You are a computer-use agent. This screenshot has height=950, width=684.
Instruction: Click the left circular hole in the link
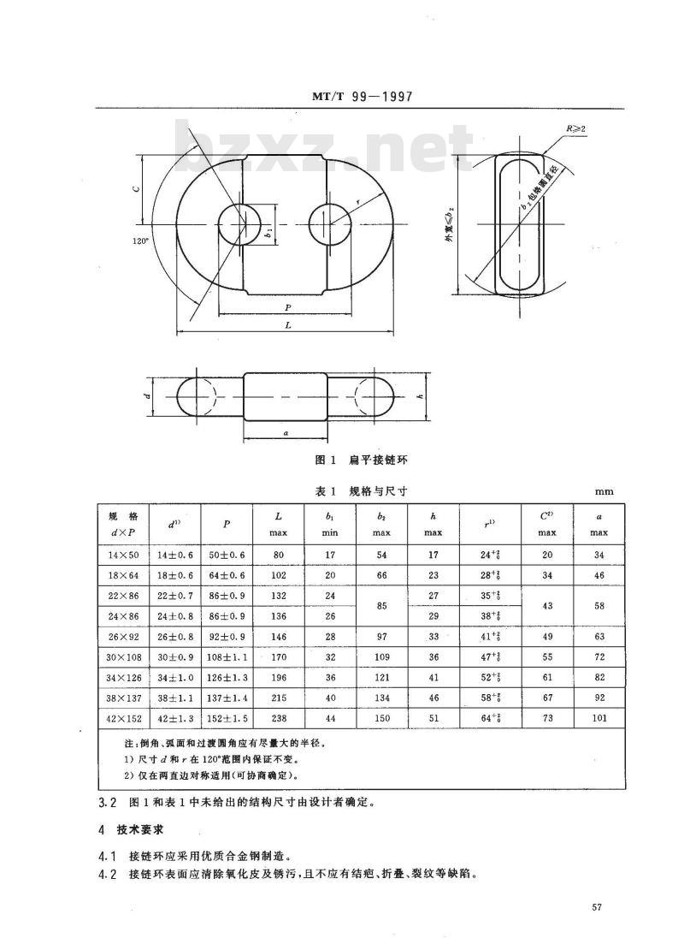click(240, 226)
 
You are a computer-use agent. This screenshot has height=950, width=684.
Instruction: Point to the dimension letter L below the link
click(286, 325)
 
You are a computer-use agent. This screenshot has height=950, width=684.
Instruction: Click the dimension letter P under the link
click(286, 306)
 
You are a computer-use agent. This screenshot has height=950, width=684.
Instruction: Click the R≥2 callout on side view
click(575, 128)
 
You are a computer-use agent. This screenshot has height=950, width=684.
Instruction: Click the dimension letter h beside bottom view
click(420, 397)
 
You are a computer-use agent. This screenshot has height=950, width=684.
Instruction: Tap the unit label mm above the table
click(604, 492)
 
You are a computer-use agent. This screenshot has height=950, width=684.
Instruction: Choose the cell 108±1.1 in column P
click(227, 657)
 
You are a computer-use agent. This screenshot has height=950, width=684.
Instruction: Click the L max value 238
click(279, 718)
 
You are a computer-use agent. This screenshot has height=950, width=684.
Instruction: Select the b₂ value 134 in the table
click(381, 698)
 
